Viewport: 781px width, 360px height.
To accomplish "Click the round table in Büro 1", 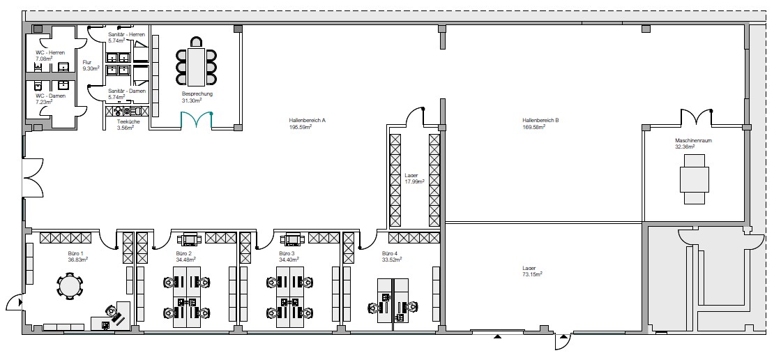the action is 70,286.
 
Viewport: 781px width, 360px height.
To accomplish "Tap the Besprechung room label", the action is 197,93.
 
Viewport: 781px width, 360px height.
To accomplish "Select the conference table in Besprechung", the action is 196,66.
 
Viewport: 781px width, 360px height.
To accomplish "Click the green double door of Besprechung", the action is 197,120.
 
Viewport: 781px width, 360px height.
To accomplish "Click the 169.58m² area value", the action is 533,127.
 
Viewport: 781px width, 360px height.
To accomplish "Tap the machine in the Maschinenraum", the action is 695,179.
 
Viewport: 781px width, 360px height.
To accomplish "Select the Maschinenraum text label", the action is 693,141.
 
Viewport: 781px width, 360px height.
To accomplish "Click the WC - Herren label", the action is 47,52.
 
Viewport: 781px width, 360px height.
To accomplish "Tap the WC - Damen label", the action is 50,96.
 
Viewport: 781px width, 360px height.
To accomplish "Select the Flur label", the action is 87,62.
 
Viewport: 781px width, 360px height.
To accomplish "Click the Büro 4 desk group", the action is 393,301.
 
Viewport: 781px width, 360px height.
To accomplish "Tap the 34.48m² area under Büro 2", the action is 185,260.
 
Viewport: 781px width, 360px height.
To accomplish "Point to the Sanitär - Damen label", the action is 127,91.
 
